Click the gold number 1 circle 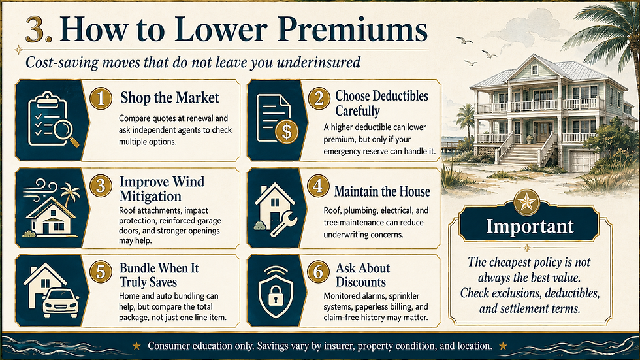coord(101,99)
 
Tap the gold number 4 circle coord(319,186)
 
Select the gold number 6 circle coord(319,272)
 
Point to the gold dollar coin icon coord(287,131)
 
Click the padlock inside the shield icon coord(276,295)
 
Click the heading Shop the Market coord(169,98)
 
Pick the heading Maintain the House coord(382,191)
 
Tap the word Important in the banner coord(530,226)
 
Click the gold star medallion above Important coord(527,202)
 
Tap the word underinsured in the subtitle coord(319,63)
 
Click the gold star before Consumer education coord(136,346)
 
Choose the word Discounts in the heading coord(360,282)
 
